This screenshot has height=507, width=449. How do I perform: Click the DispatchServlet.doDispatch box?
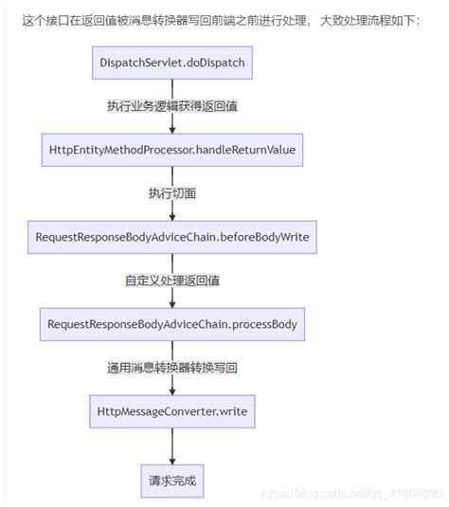(x=172, y=63)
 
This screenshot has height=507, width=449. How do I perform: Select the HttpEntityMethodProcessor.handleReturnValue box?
(x=172, y=150)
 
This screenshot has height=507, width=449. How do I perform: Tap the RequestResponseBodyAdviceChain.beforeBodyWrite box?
(x=172, y=237)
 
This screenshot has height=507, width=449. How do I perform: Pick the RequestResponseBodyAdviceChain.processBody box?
(x=172, y=324)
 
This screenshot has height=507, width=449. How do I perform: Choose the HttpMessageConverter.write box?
(x=172, y=411)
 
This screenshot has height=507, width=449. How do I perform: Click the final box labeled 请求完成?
(x=172, y=481)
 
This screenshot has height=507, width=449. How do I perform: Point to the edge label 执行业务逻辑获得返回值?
(x=172, y=106)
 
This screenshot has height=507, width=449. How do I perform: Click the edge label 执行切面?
(x=172, y=193)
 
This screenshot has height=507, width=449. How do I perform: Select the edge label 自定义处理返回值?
(x=172, y=281)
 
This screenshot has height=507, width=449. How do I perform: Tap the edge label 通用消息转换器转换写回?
(x=172, y=368)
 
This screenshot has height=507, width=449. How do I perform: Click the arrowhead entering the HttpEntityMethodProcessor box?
(x=172, y=131)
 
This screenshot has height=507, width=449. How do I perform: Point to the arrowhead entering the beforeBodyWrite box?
(x=172, y=218)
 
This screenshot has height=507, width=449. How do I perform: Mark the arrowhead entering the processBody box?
(x=172, y=304)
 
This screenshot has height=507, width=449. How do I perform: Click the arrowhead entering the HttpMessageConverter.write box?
(x=172, y=392)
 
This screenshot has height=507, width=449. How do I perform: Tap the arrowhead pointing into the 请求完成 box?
(x=172, y=462)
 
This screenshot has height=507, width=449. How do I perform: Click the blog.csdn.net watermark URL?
(x=351, y=494)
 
